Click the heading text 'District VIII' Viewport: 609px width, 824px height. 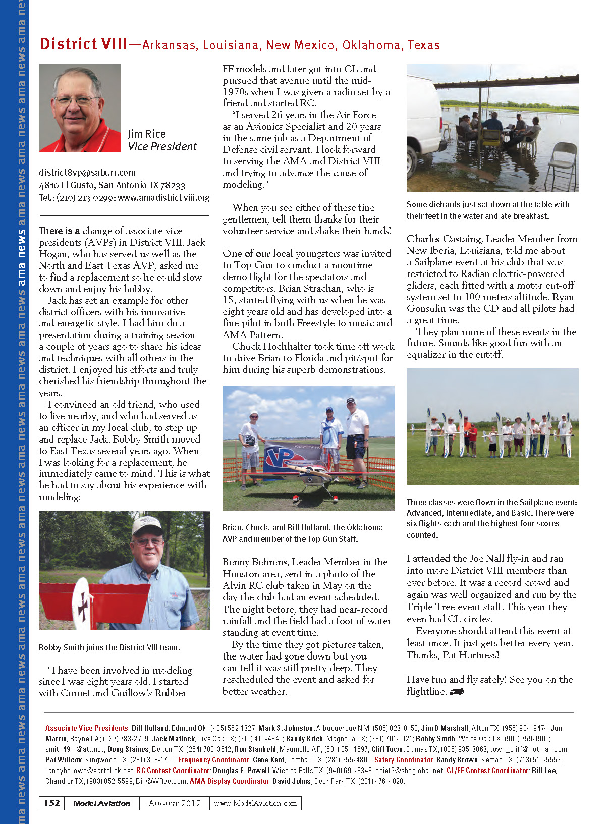[x=84, y=44]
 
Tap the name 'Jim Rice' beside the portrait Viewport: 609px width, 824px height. [x=146, y=134]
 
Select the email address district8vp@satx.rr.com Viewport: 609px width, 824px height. [x=87, y=173]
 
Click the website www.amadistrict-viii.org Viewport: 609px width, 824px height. [x=163, y=198]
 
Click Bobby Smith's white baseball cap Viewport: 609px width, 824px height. [x=146, y=526]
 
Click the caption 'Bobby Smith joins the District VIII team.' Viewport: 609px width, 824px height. [x=109, y=647]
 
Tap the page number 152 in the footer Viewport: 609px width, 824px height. [x=52, y=803]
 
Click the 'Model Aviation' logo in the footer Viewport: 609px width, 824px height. [x=101, y=803]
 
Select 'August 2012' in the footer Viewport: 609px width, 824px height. [x=175, y=803]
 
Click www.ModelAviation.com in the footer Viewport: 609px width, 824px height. [x=255, y=803]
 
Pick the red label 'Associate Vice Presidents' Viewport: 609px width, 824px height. [x=87, y=728]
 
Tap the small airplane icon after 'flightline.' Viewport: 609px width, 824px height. [x=456, y=692]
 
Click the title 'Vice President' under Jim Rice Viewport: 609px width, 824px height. [x=162, y=147]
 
